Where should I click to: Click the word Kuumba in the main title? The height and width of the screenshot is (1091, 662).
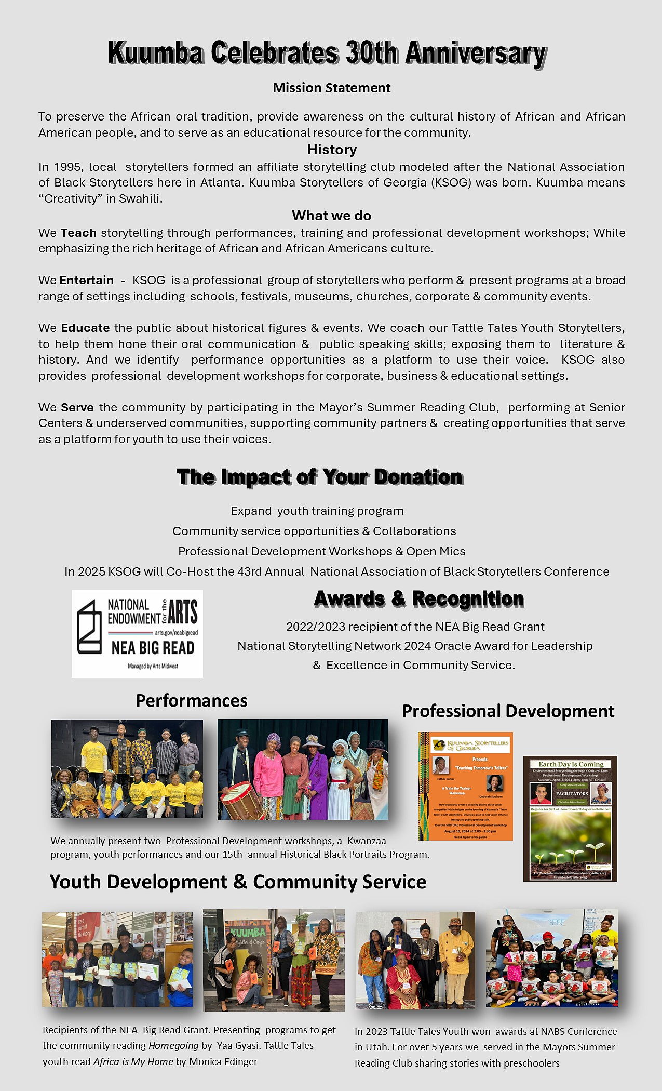coord(154,53)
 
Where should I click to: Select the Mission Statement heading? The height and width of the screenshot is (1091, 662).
coord(331,88)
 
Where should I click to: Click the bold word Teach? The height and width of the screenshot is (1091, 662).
coord(78,233)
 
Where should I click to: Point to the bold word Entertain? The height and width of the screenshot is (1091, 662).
coord(86,281)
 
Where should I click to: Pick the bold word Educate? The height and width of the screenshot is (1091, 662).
coord(85,328)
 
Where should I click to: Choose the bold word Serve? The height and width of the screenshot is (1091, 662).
coord(77,407)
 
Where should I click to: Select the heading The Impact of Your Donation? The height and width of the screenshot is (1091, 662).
coord(319,477)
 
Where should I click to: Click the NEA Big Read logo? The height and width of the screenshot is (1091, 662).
coord(137,633)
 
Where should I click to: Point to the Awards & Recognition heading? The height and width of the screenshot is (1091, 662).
coord(418,598)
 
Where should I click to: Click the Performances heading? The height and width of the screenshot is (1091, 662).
coord(192,700)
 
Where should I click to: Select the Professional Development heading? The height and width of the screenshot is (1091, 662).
coord(508,711)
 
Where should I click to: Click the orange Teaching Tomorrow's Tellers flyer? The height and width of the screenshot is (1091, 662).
coord(466,786)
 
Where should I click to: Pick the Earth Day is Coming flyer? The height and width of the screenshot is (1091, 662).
coord(570,818)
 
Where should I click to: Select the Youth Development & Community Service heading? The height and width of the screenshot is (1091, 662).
coord(238,882)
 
